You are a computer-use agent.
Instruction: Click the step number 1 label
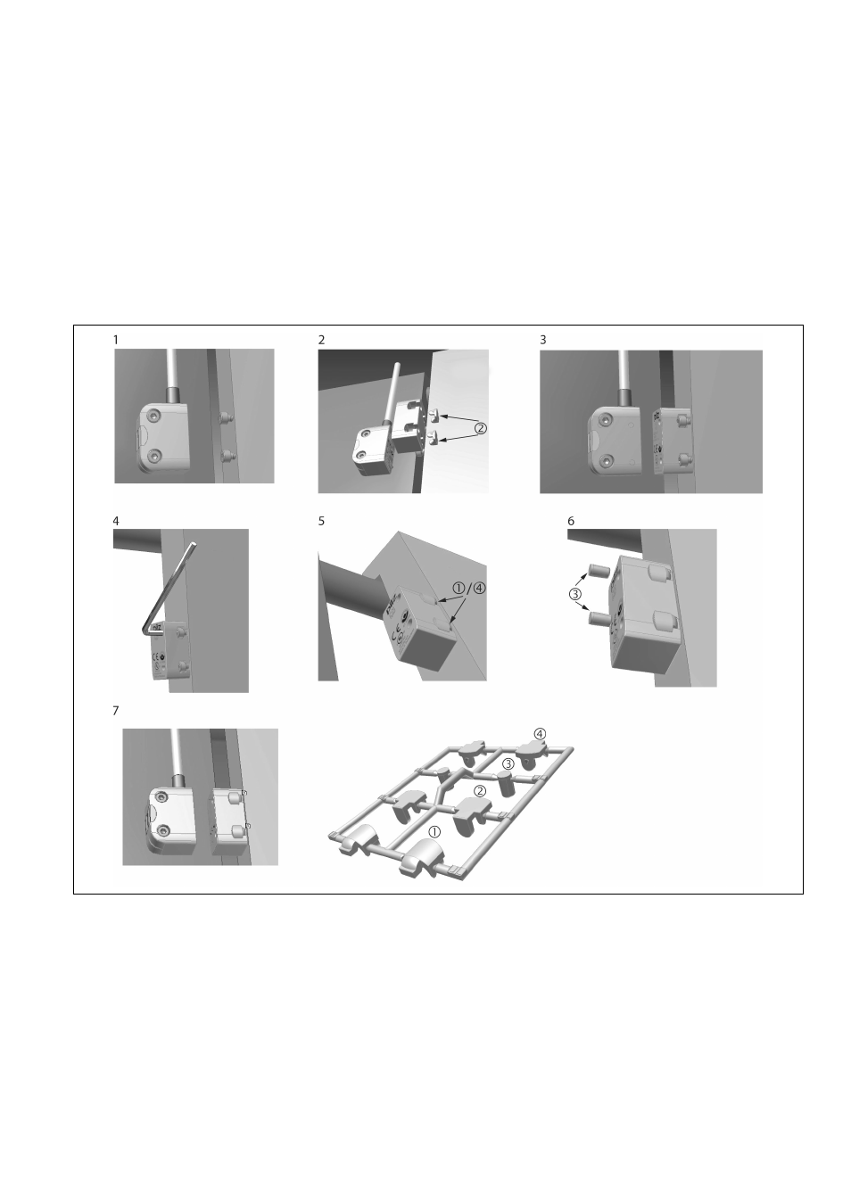pos(116,340)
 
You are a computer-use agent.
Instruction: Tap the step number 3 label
pos(542,340)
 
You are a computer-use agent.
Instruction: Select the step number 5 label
pos(322,521)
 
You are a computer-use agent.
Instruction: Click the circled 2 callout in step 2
pos(480,428)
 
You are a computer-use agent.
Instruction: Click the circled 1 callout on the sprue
pos(434,830)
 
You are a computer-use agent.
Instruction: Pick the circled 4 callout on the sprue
pos(540,733)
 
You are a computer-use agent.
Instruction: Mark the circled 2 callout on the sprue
pos(479,790)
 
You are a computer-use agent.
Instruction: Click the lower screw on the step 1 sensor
pos(157,456)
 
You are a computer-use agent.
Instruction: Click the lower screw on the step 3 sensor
pos(607,460)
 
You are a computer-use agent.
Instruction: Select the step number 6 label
pos(571,521)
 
